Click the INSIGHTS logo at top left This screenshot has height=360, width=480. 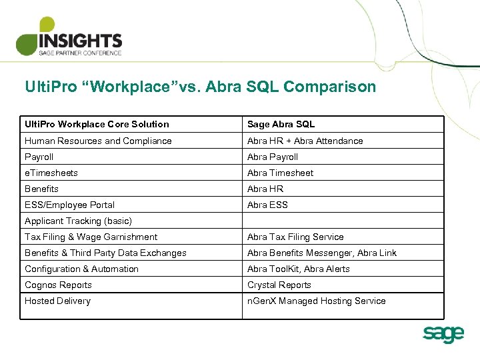69,37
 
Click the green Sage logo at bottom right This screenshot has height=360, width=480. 443,333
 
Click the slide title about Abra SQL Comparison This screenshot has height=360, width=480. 200,87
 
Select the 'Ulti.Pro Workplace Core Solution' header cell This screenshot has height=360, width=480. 97,124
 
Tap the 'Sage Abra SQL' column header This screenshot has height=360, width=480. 281,124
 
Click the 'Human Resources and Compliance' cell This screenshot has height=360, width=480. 98,141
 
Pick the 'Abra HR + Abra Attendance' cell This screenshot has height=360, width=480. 305,141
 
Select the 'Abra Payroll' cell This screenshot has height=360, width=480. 273,157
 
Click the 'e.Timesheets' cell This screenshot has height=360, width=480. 51,173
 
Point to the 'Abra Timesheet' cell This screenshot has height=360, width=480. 280,173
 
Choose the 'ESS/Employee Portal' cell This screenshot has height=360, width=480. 69,205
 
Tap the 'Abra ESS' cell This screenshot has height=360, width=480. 267,205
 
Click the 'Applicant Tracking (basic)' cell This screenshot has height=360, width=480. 78,221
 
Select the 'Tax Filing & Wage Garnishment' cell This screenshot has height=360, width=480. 91,237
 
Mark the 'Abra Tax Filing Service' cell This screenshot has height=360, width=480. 295,237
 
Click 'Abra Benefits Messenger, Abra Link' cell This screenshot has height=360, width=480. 322,253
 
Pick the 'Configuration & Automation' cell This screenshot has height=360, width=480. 81,269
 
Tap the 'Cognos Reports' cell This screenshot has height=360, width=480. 58,285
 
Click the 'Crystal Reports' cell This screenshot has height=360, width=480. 279,285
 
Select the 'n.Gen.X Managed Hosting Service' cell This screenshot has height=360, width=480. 317,301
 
